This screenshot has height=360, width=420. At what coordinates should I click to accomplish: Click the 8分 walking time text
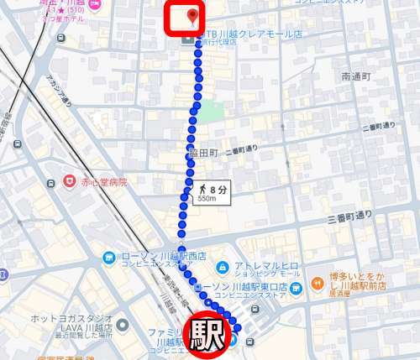(x=216, y=188)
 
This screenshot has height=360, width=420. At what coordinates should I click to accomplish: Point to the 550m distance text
(x=207, y=199)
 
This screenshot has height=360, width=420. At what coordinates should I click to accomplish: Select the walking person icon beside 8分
(x=202, y=188)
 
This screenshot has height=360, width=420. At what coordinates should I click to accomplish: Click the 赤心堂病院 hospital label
(x=104, y=181)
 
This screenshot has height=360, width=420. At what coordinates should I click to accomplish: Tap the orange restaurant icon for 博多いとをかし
(x=317, y=283)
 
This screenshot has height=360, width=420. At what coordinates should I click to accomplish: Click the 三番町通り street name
(x=350, y=216)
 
